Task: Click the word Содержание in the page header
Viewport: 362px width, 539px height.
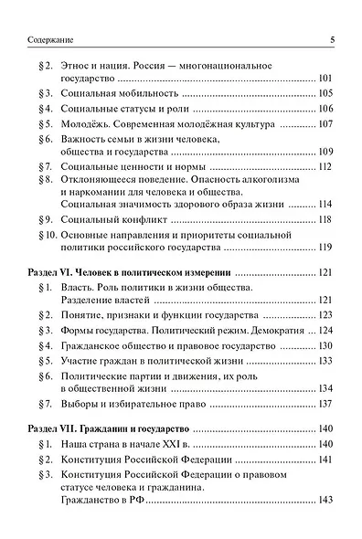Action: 42,39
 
